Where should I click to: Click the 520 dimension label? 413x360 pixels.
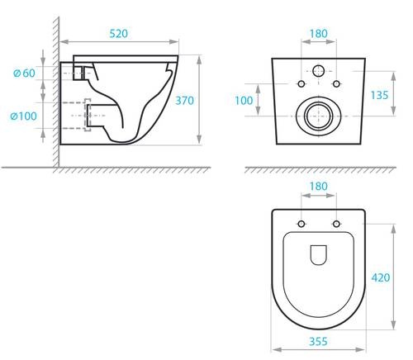119,34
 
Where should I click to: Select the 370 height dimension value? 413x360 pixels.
184,101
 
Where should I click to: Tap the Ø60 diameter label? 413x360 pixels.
24,73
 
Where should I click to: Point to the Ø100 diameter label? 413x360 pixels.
23,116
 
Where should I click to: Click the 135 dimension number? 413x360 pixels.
379,95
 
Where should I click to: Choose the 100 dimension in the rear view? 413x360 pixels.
244,101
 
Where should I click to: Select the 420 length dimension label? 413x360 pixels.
381,277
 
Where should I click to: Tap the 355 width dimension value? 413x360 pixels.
318,341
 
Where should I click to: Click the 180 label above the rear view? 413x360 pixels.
319,34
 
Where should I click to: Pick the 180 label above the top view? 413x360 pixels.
319,187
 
